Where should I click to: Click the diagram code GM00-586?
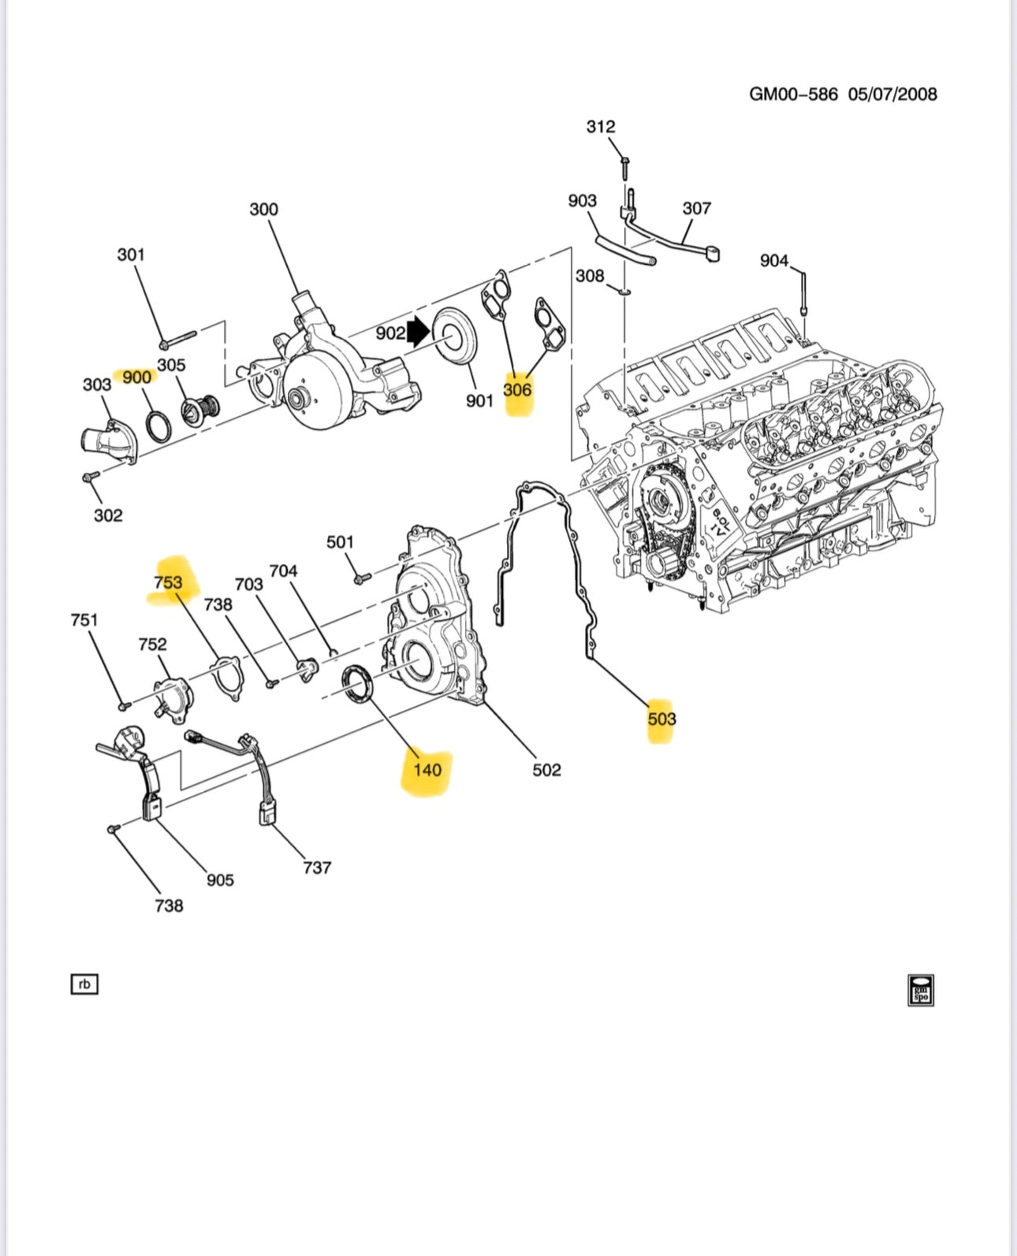click(x=792, y=95)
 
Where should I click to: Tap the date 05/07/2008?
click(x=892, y=95)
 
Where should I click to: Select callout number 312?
click(x=601, y=127)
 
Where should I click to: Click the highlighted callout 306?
click(x=517, y=389)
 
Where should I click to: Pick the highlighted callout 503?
click(x=661, y=719)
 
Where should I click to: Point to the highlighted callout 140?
click(x=427, y=769)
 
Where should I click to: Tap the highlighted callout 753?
click(x=168, y=582)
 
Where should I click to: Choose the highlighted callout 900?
click(x=136, y=377)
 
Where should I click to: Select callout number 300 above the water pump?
click(x=263, y=210)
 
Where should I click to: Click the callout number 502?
click(x=546, y=770)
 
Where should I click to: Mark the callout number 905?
click(x=220, y=879)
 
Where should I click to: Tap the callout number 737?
click(x=317, y=868)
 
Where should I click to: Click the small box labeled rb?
click(x=84, y=984)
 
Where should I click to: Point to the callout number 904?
click(x=773, y=260)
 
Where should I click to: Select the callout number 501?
click(x=340, y=542)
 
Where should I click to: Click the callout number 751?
click(x=84, y=620)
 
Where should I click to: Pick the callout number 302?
click(x=108, y=515)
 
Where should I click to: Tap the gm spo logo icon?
click(x=920, y=990)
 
